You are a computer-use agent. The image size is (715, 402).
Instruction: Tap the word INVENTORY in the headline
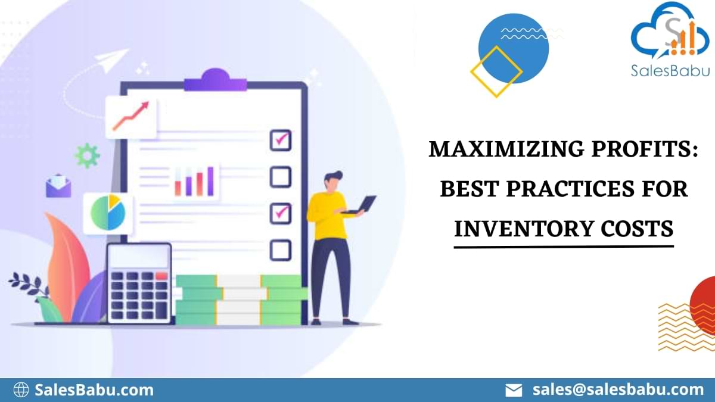[510, 228]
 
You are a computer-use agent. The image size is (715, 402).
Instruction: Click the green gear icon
[87, 155]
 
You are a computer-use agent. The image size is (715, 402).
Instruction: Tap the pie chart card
[108, 213]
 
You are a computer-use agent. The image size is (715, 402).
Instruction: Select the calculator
[139, 282]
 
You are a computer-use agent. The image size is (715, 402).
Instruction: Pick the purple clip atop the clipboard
[214, 80]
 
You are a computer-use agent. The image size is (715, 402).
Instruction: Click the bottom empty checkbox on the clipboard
[280, 250]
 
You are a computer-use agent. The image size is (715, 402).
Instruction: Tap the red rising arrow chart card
[131, 117]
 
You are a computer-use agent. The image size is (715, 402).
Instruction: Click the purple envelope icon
[58, 186]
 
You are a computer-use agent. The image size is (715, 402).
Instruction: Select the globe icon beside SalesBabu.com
[21, 390]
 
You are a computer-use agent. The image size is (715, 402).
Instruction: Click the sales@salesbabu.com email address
[618, 389]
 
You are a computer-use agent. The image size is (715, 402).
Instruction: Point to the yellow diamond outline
[496, 72]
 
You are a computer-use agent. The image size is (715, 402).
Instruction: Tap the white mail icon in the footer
[514, 390]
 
